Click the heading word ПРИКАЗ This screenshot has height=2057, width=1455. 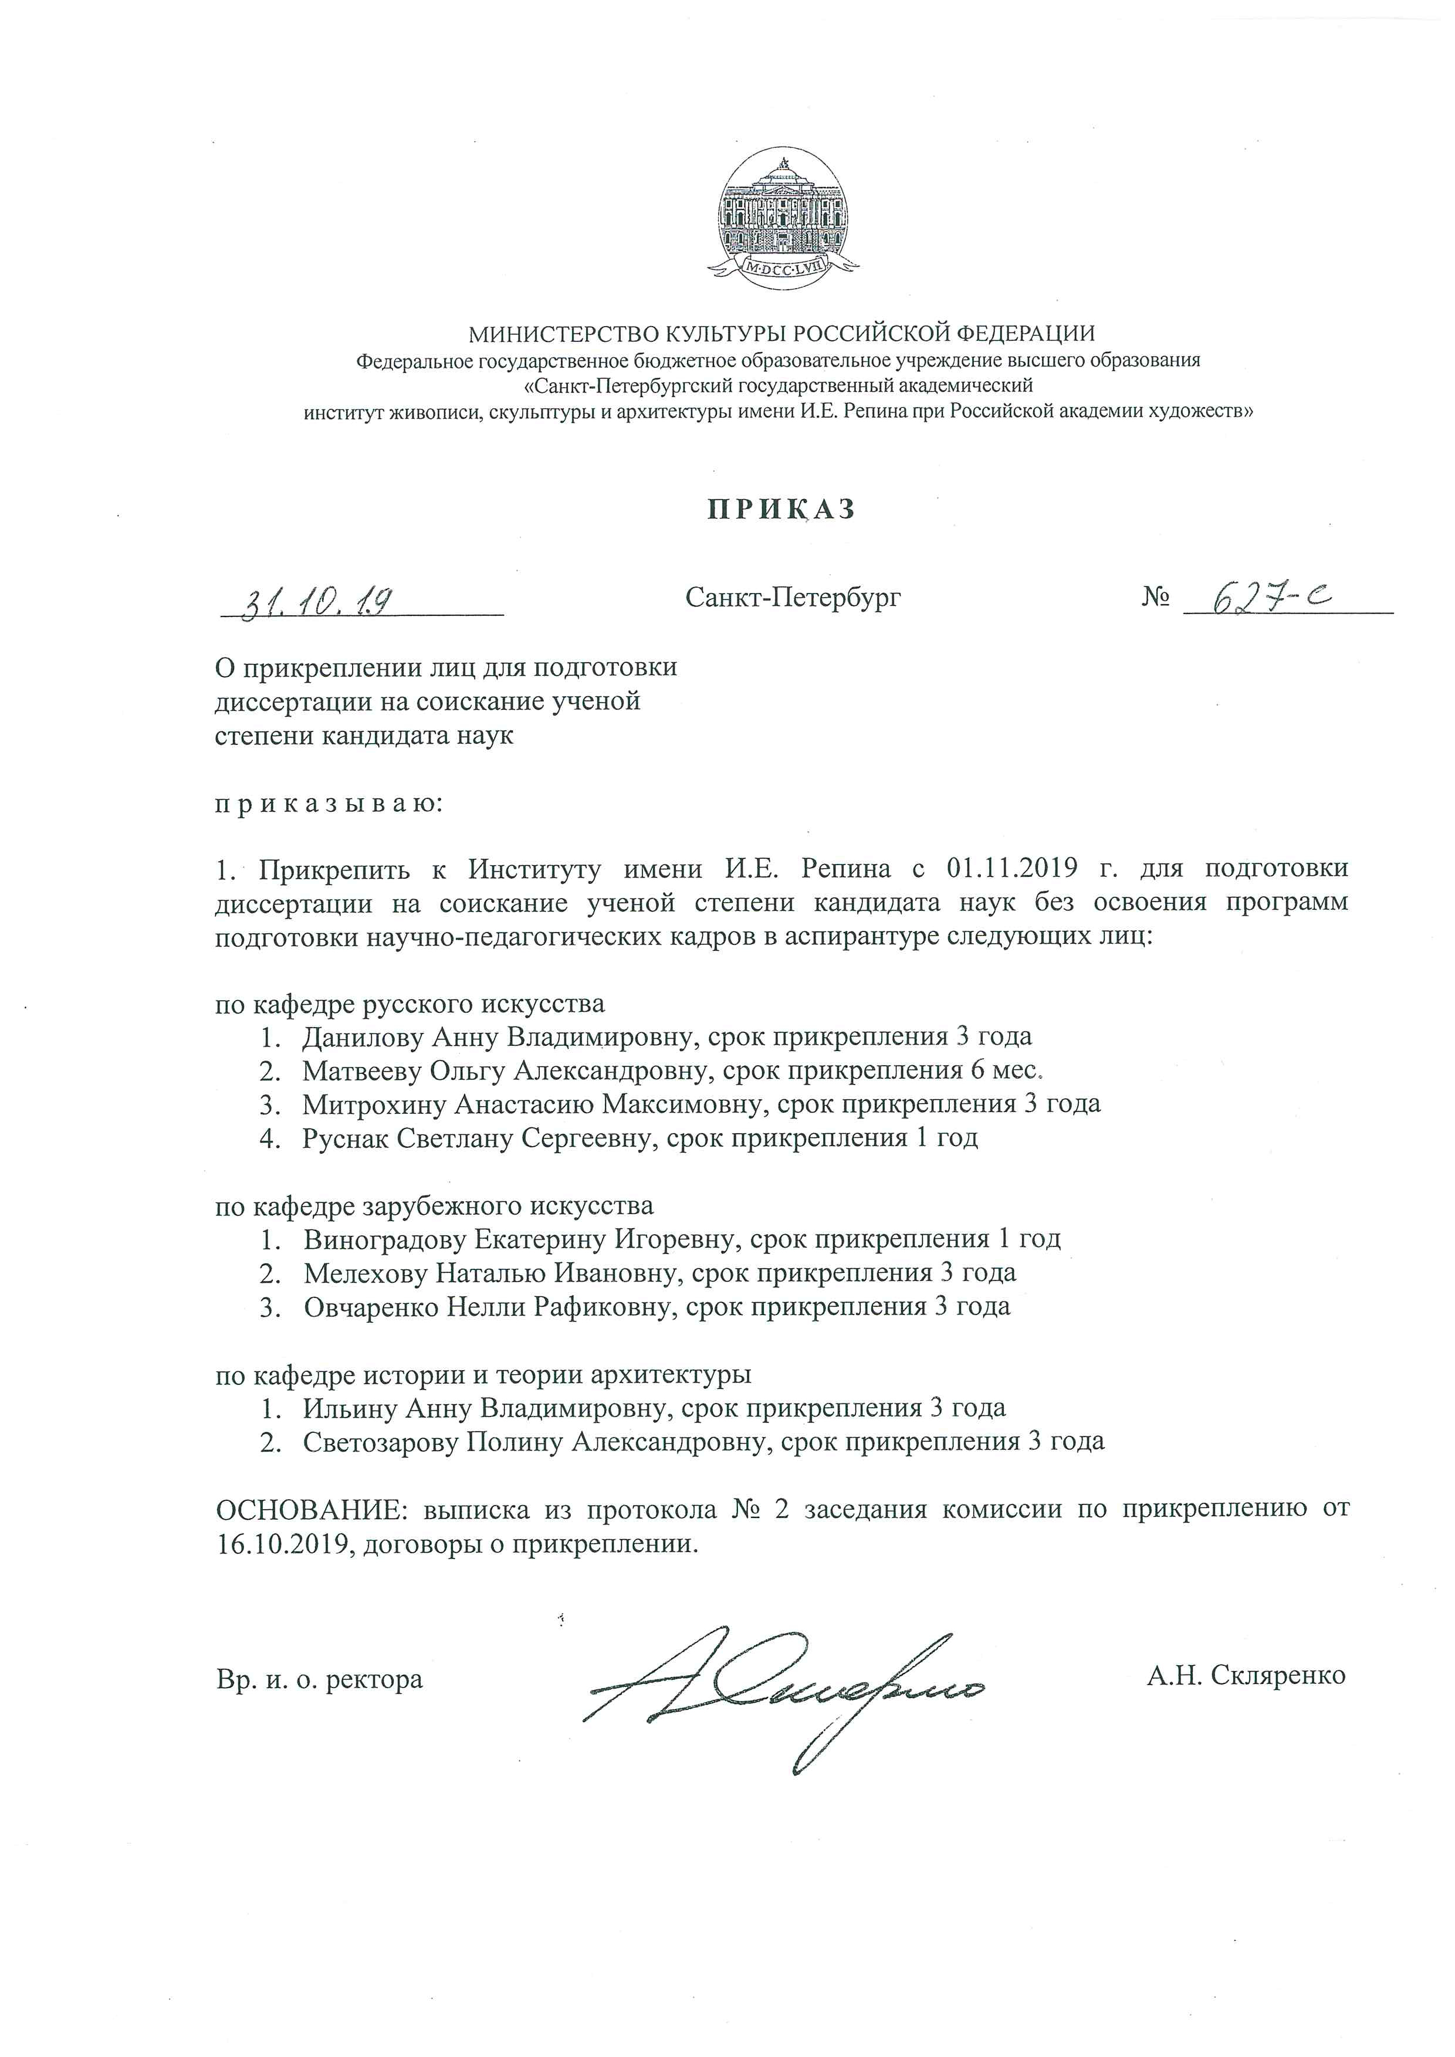coord(782,509)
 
